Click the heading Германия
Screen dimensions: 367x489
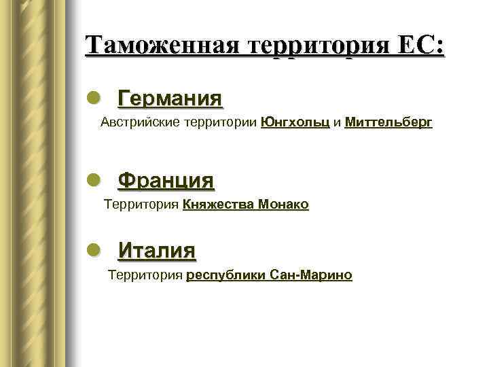click(170, 99)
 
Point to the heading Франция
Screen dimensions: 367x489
click(166, 181)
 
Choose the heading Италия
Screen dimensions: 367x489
click(157, 251)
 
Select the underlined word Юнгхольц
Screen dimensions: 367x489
click(295, 123)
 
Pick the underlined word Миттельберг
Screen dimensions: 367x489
click(388, 123)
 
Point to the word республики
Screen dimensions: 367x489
click(226, 275)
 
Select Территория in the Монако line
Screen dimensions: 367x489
click(141, 205)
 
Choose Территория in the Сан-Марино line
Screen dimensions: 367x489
click(146, 275)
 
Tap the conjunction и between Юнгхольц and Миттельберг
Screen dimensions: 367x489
click(337, 123)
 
